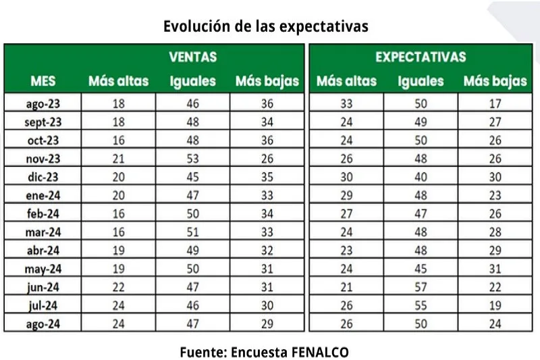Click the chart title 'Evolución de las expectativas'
click(x=266, y=26)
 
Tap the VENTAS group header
click(x=192, y=57)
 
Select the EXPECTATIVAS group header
click(x=421, y=57)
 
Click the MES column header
click(x=43, y=82)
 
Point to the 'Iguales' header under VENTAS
click(x=192, y=82)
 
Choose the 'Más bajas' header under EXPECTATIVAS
click(x=495, y=82)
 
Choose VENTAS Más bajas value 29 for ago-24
click(x=267, y=323)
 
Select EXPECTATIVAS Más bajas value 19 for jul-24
click(x=495, y=305)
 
